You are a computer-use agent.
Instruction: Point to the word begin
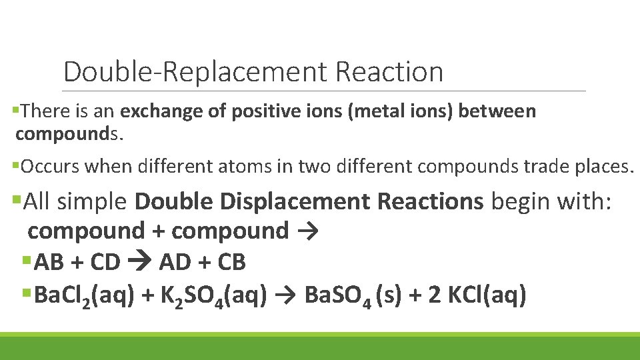point(522,201)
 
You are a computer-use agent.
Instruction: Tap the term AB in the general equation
point(47,263)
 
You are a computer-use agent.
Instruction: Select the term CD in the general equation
point(105,263)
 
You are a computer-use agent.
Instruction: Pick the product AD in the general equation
point(175,263)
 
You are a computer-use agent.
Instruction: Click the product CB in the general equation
point(231,263)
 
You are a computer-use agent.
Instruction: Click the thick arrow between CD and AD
point(140,263)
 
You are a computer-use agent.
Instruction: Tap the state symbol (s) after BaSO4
point(389,295)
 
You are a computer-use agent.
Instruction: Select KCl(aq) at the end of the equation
point(477,295)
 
